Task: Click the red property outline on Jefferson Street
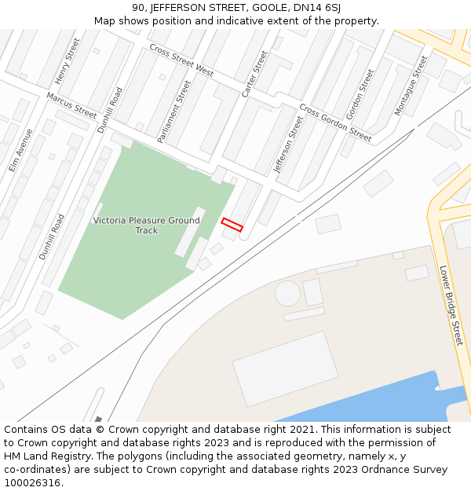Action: pyautogui.click(x=232, y=225)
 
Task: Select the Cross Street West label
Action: pyautogui.click(x=181, y=60)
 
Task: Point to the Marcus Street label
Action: pyautogui.click(x=71, y=106)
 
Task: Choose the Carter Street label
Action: pyautogui.click(x=254, y=74)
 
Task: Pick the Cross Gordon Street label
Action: pyautogui.click(x=335, y=123)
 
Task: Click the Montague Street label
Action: pyautogui.click(x=411, y=86)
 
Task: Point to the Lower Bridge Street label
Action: pyautogui.click(x=451, y=305)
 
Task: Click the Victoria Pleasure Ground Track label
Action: pyautogui.click(x=147, y=225)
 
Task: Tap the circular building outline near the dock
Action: pyautogui.click(x=287, y=295)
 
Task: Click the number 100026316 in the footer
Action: pyautogui.click(x=32, y=483)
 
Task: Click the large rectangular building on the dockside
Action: pyautogui.click(x=286, y=368)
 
